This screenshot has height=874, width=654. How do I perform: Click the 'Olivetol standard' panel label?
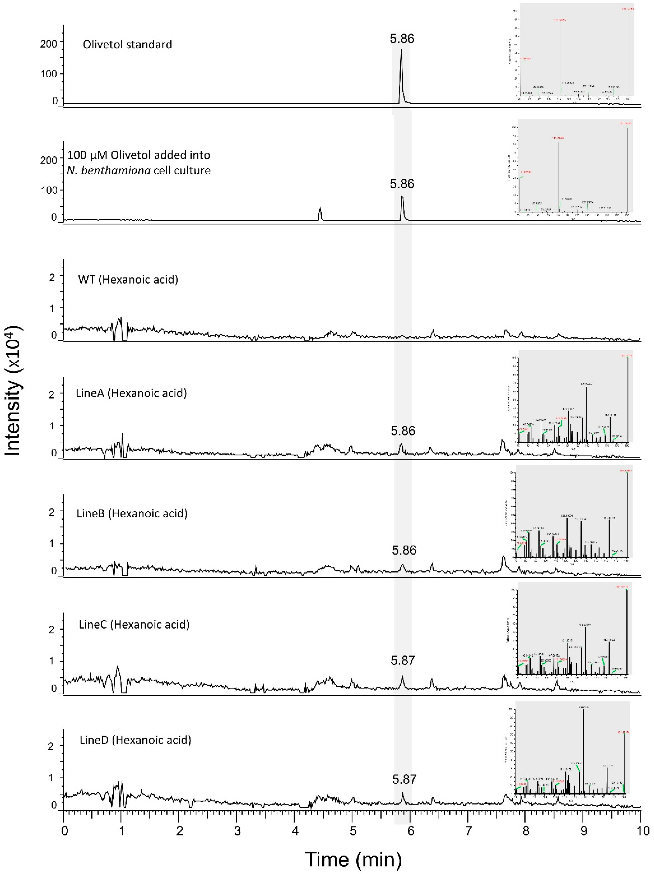[127, 44]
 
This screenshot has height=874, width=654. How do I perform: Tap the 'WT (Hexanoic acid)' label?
[128, 280]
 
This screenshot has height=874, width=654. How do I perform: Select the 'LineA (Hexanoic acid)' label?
[131, 393]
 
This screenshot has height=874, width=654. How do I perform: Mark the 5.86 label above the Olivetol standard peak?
[402, 39]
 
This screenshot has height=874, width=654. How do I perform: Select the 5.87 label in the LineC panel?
[403, 660]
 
